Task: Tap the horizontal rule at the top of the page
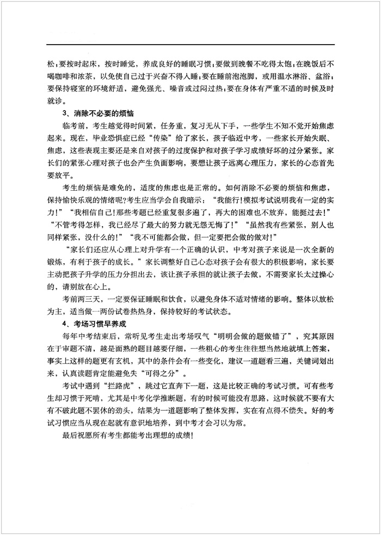click(190, 44)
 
